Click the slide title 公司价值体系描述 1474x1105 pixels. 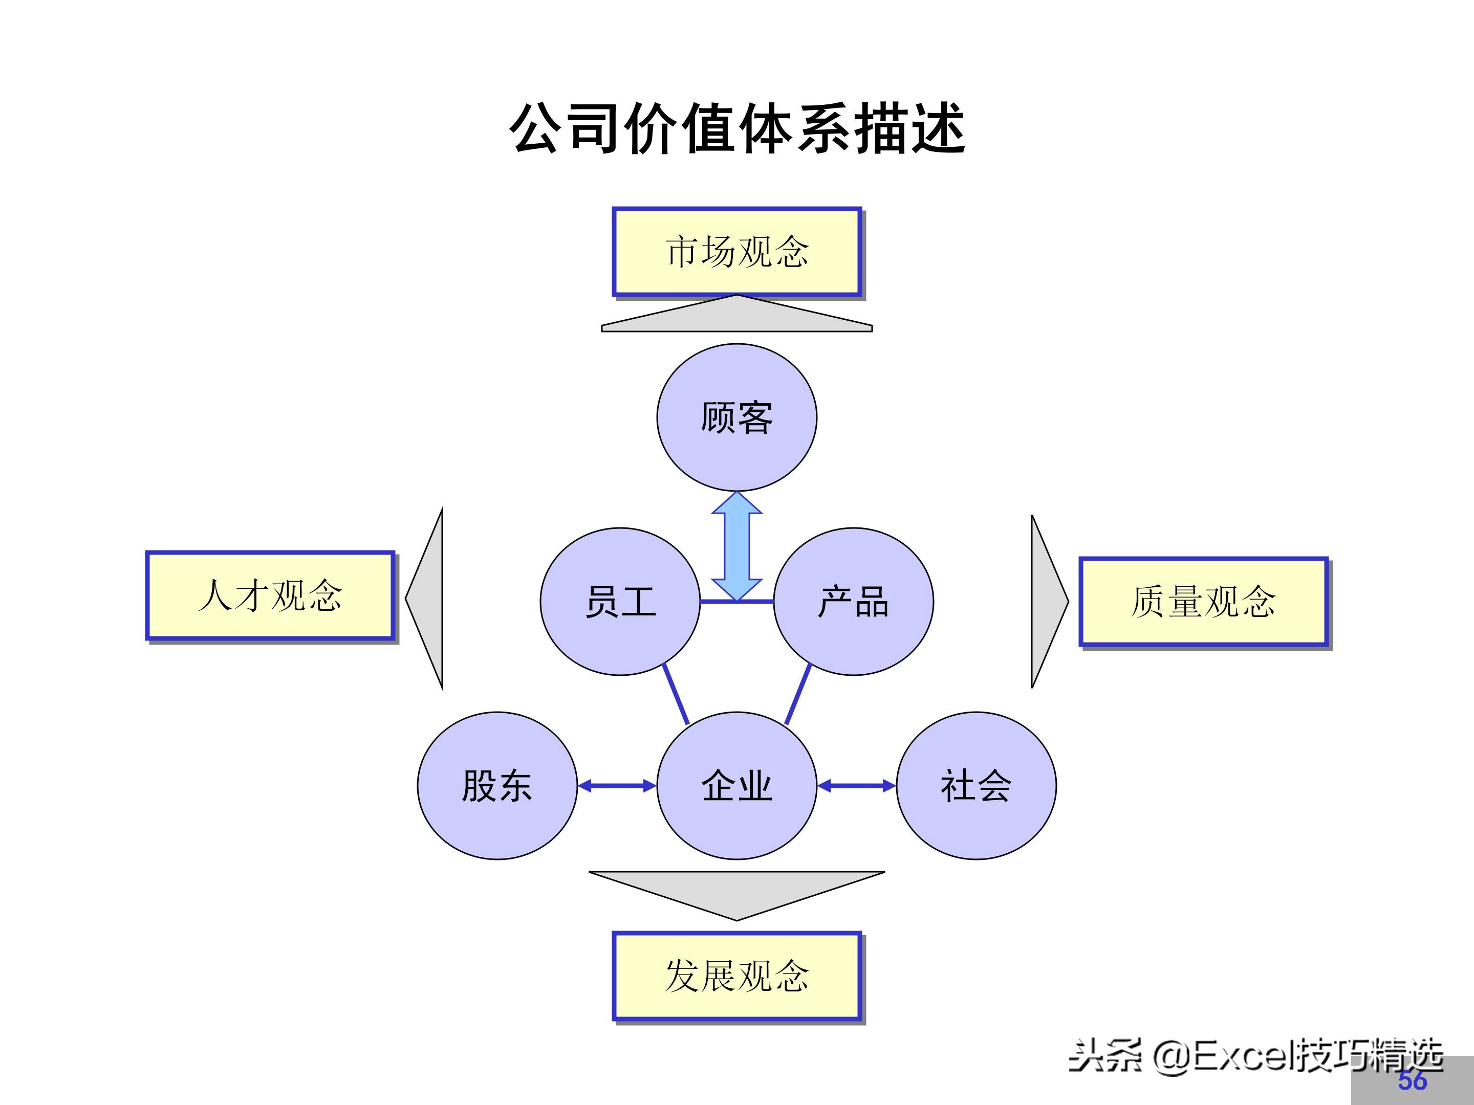(737, 128)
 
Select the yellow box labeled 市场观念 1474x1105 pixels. (737, 252)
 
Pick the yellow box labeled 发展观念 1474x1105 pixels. (737, 976)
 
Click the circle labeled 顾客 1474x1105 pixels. (737, 417)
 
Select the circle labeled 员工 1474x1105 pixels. (620, 602)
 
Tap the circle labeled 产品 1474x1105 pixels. (854, 602)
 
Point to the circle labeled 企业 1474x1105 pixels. (737, 786)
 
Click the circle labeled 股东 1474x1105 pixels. (497, 786)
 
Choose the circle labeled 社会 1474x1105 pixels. (976, 786)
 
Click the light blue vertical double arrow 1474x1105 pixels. (737, 546)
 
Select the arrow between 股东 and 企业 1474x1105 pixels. (617, 786)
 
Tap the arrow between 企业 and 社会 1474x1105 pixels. (856, 786)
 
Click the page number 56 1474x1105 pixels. (1412, 1080)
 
